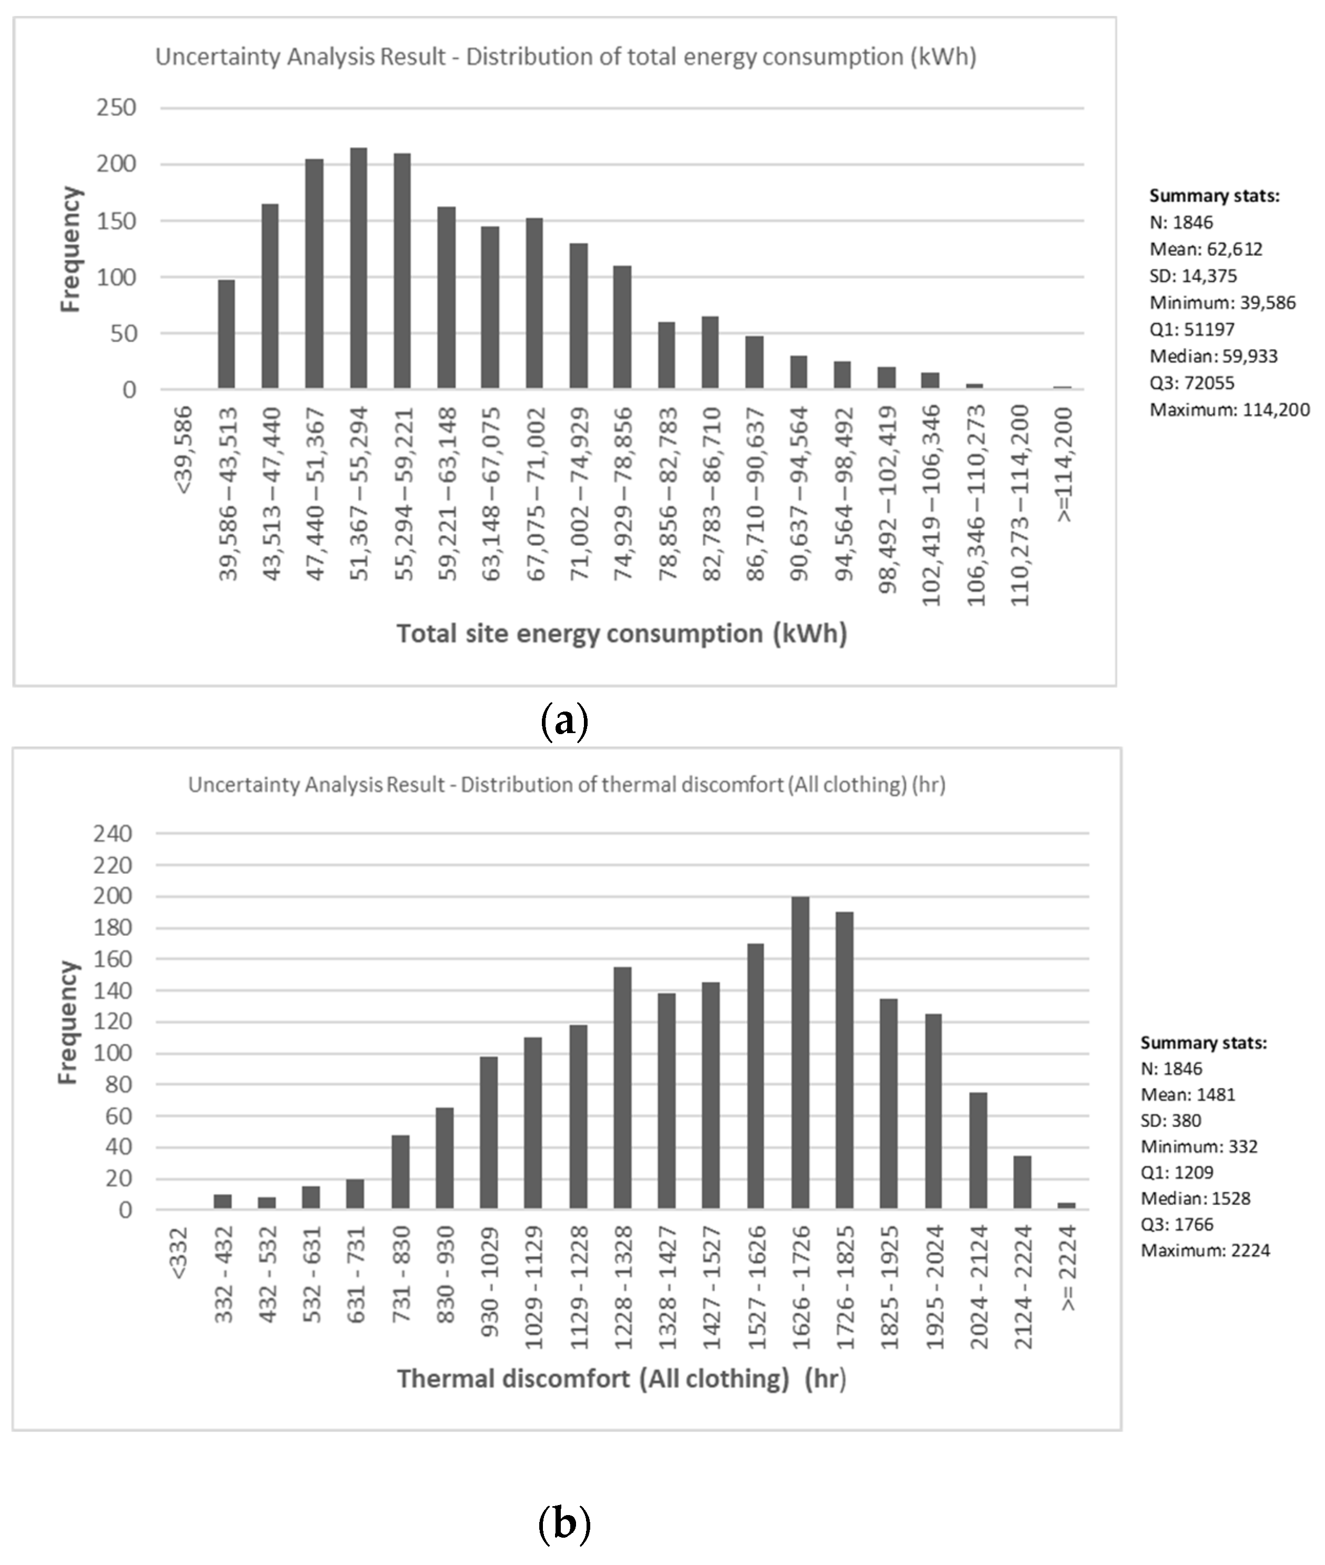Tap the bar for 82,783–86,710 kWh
pos(710,353)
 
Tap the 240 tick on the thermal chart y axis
pos(112,833)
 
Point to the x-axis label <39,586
pos(183,450)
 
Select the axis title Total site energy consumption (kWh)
pos(622,634)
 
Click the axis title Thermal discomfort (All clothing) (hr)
pos(622,1379)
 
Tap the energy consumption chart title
pos(566,57)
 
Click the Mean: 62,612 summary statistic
pos(1206,249)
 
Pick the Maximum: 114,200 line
pos(1229,410)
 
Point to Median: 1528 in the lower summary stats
pos(1195,1198)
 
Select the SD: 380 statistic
pos(1170,1120)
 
